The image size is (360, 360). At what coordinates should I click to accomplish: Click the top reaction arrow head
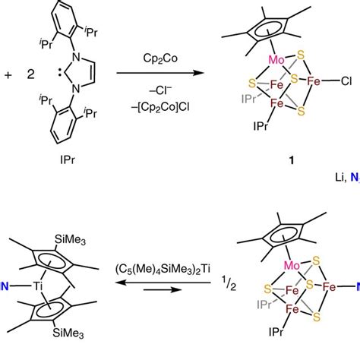[x=204, y=73]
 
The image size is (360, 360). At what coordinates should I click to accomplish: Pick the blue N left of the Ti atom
[x=5, y=286]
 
